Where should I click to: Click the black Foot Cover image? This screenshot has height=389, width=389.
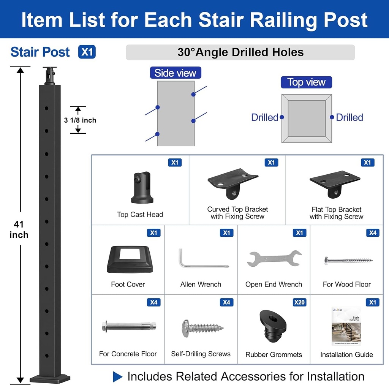click(130, 259)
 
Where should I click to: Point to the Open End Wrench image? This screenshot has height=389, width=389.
click(274, 258)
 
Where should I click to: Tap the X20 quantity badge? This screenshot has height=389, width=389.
click(299, 302)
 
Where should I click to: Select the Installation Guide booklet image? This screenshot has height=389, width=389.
click(346, 326)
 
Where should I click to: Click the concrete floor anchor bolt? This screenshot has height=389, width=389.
click(128, 326)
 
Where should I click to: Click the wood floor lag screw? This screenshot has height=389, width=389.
click(348, 261)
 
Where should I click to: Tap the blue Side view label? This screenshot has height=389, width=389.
click(175, 73)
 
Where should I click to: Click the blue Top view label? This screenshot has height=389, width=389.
click(306, 82)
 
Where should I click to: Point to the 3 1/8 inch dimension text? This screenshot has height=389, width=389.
click(80, 120)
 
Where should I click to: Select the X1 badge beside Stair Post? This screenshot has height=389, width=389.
click(87, 52)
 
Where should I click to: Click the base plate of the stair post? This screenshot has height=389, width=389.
click(50, 378)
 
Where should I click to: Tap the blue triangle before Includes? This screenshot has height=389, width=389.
click(118, 377)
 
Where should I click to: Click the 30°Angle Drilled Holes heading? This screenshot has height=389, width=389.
click(240, 52)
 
